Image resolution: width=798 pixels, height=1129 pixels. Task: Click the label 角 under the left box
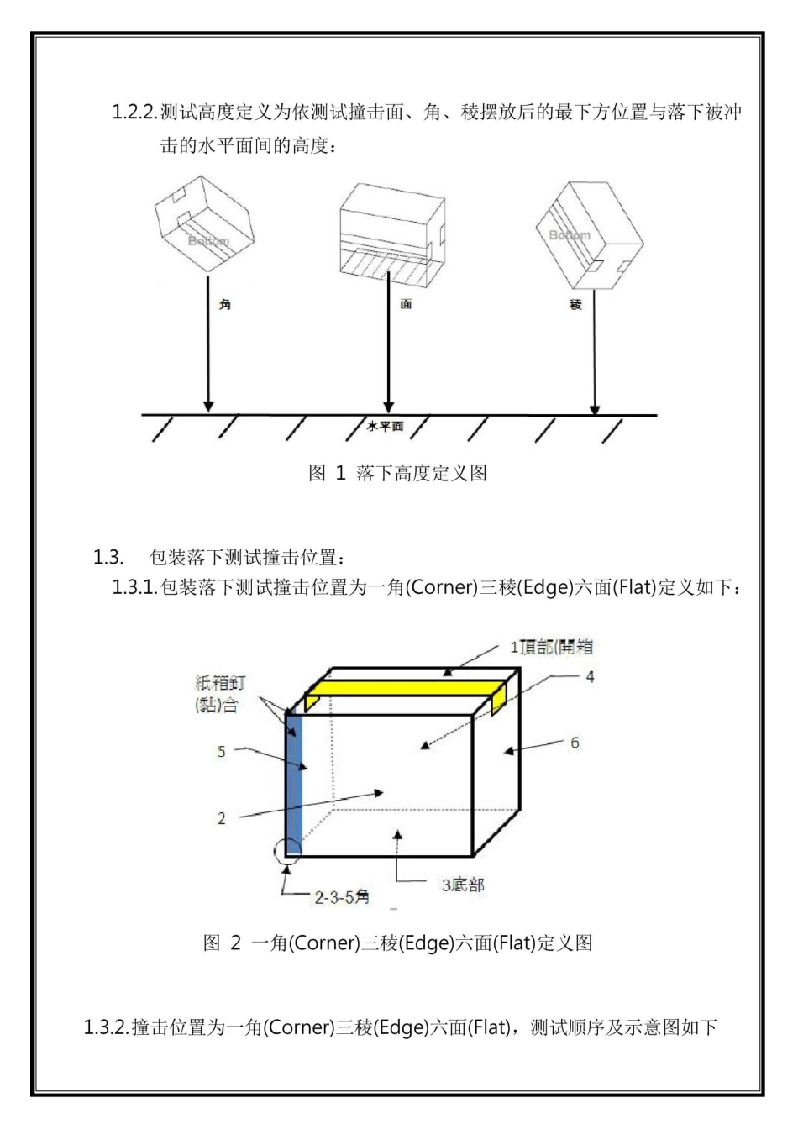(224, 305)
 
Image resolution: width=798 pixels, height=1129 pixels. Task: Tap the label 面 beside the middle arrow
(406, 304)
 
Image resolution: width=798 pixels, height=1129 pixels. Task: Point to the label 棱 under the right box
(575, 304)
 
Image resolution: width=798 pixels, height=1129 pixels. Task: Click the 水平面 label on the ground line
(385, 427)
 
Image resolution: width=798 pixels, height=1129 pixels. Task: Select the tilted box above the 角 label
(204, 225)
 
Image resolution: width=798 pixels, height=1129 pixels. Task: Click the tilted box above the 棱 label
(589, 235)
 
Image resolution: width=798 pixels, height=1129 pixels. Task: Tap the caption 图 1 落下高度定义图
(398, 473)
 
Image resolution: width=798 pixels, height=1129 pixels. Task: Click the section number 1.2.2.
(134, 113)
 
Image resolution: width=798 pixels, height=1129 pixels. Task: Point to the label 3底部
(463, 885)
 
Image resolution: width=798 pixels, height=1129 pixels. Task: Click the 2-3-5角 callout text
(342, 897)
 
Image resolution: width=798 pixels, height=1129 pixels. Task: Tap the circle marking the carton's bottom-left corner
(287, 850)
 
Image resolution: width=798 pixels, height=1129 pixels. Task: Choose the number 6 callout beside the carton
(575, 743)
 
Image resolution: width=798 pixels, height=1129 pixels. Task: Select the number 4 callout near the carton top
(590, 676)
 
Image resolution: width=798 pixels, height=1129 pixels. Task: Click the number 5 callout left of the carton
(222, 751)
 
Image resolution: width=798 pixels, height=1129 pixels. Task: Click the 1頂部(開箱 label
(552, 648)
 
